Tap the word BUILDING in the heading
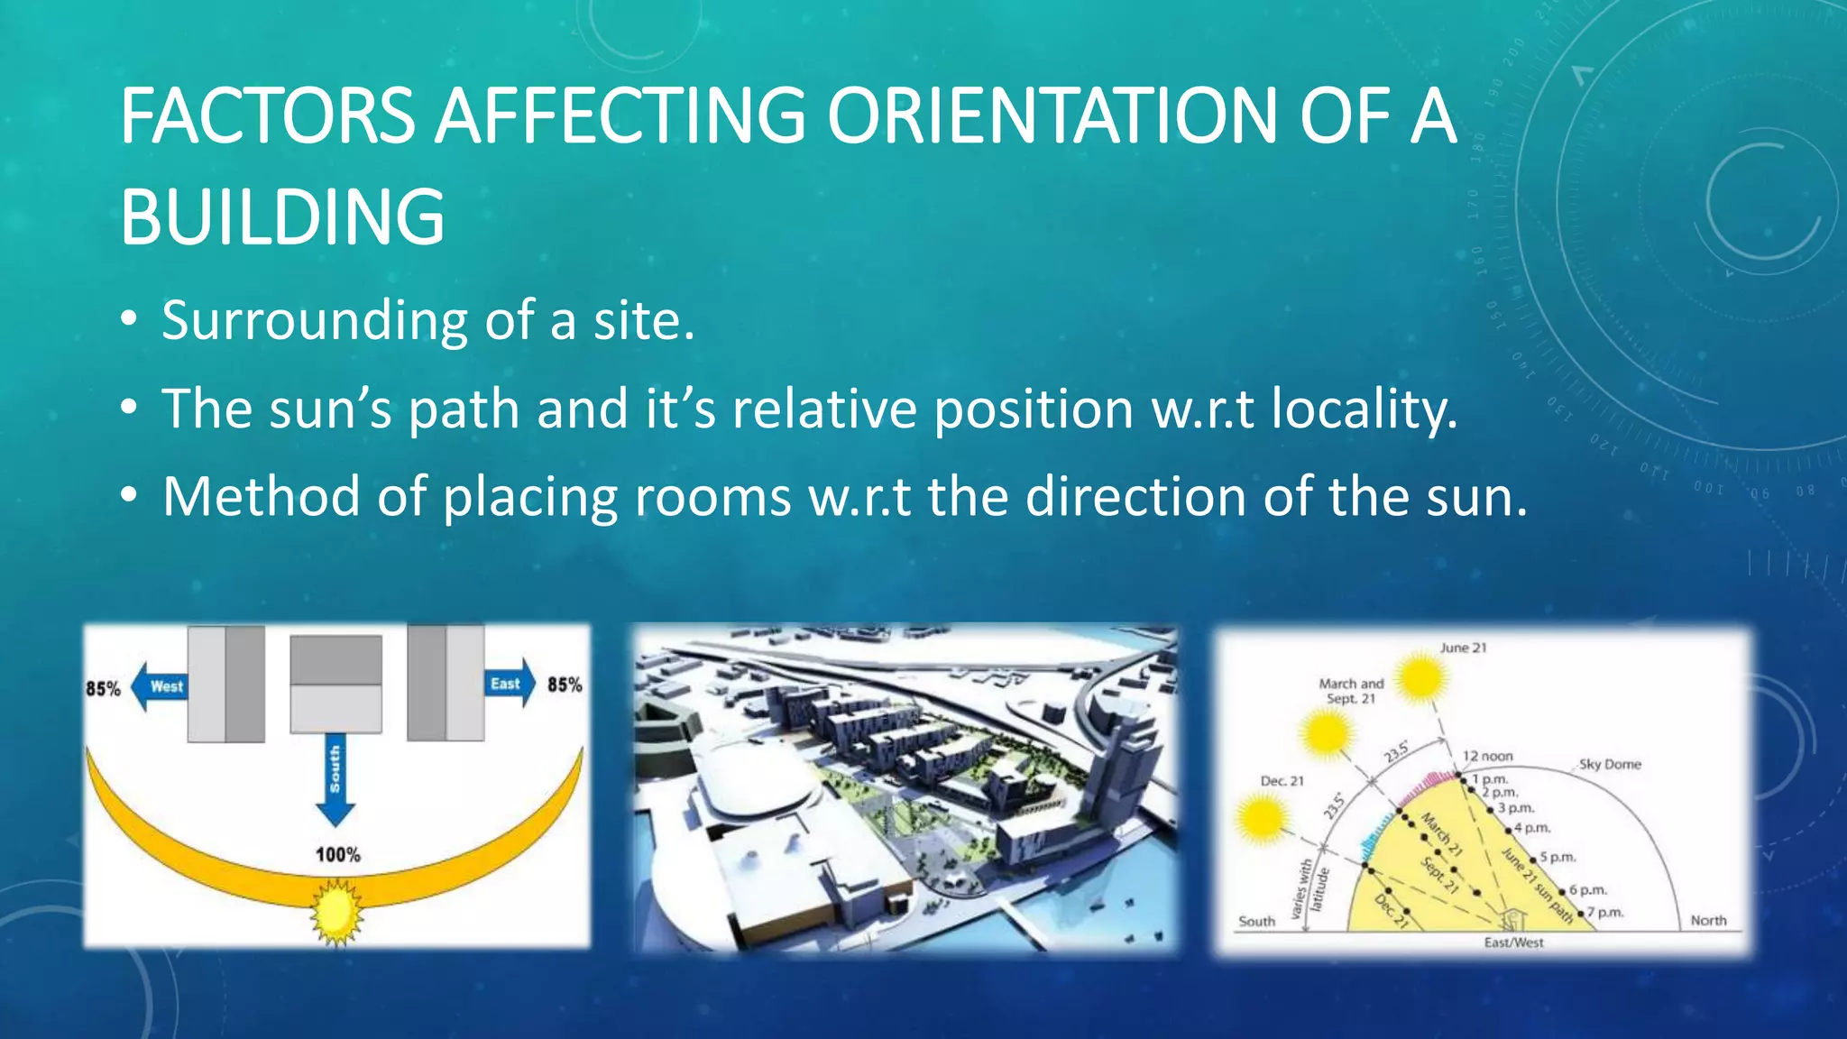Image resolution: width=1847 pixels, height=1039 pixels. coord(282,217)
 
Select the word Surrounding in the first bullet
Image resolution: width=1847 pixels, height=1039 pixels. coord(314,321)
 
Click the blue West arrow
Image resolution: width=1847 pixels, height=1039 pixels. coord(158,686)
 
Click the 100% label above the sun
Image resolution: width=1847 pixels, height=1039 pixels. coord(337,854)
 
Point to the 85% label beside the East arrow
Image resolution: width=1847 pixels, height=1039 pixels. coord(565,685)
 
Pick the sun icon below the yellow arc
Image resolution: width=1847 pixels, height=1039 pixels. coord(335,913)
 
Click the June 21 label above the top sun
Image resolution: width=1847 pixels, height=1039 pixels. coord(1463,648)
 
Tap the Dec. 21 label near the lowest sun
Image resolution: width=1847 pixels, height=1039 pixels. coord(1282,781)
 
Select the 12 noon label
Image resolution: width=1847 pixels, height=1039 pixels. coord(1487,756)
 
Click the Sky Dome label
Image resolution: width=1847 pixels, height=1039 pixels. coord(1610,764)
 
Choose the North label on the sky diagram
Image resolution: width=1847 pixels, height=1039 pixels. coord(1708,920)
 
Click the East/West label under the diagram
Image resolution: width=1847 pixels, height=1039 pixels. coord(1513,942)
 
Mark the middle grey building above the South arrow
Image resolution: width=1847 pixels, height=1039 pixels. coord(335,684)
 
